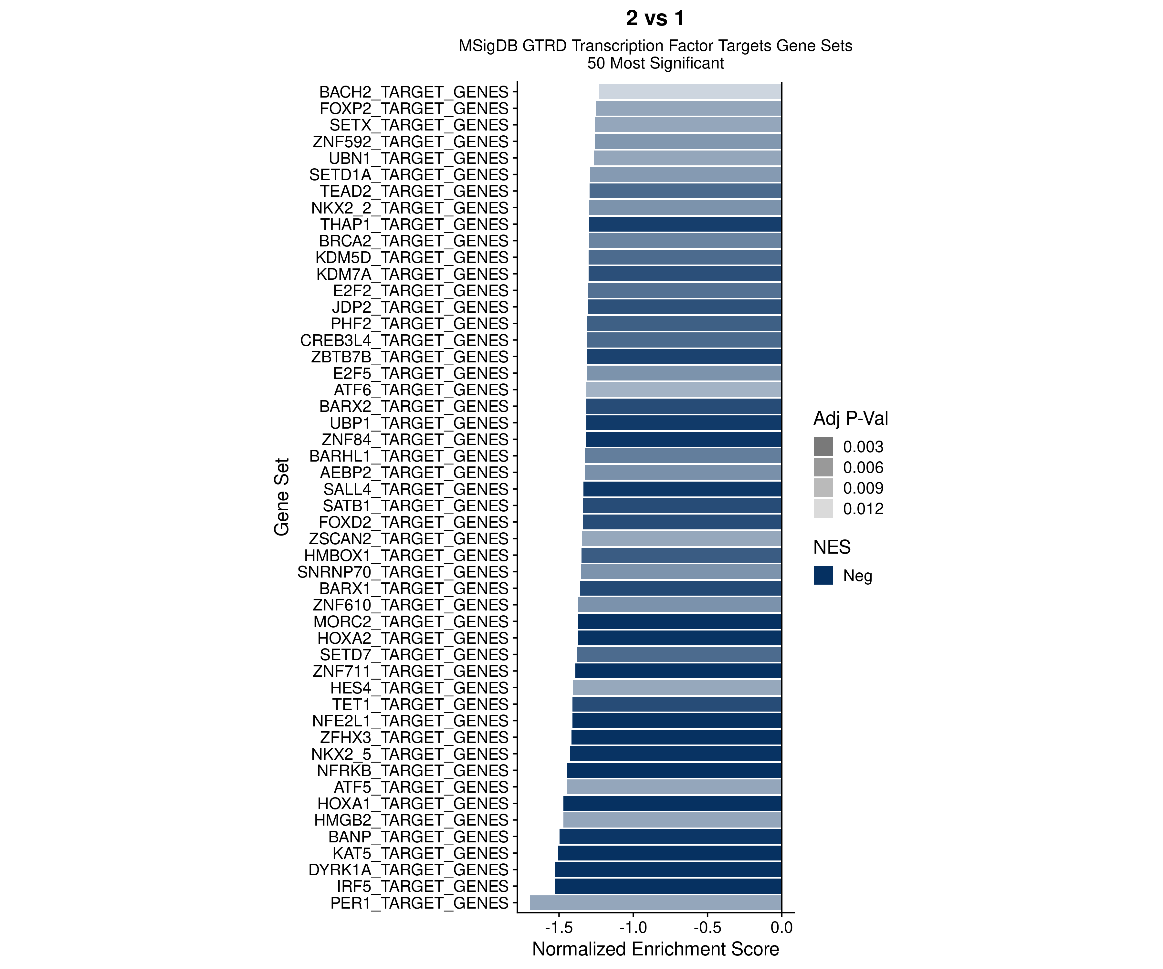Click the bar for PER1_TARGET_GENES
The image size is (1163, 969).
[655, 902]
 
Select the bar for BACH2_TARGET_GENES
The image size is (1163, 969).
[690, 92]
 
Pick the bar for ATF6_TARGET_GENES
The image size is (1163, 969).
[683, 390]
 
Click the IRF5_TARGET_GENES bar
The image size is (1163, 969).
[668, 886]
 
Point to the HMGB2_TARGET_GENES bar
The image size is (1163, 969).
[672, 820]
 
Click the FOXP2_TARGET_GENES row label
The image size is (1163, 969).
[414, 109]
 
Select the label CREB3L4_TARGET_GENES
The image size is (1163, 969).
[404, 340]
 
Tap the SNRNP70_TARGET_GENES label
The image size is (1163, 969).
[403, 572]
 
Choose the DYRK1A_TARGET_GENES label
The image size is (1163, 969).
[408, 870]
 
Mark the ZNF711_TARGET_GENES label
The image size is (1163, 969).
[410, 671]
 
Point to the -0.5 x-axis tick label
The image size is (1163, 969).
[707, 927]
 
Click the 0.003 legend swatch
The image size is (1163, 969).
[823, 446]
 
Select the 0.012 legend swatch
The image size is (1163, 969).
[823, 508]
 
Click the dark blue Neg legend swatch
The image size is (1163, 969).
[823, 575]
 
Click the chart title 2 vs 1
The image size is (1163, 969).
[655, 18]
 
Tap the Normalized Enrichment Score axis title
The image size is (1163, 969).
[655, 949]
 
